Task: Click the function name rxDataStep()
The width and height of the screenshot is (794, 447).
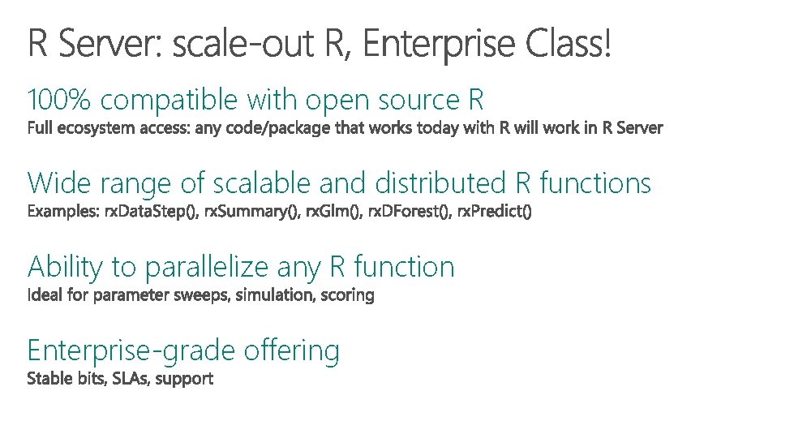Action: click(x=150, y=213)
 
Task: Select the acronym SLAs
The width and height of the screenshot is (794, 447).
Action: click(x=127, y=379)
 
